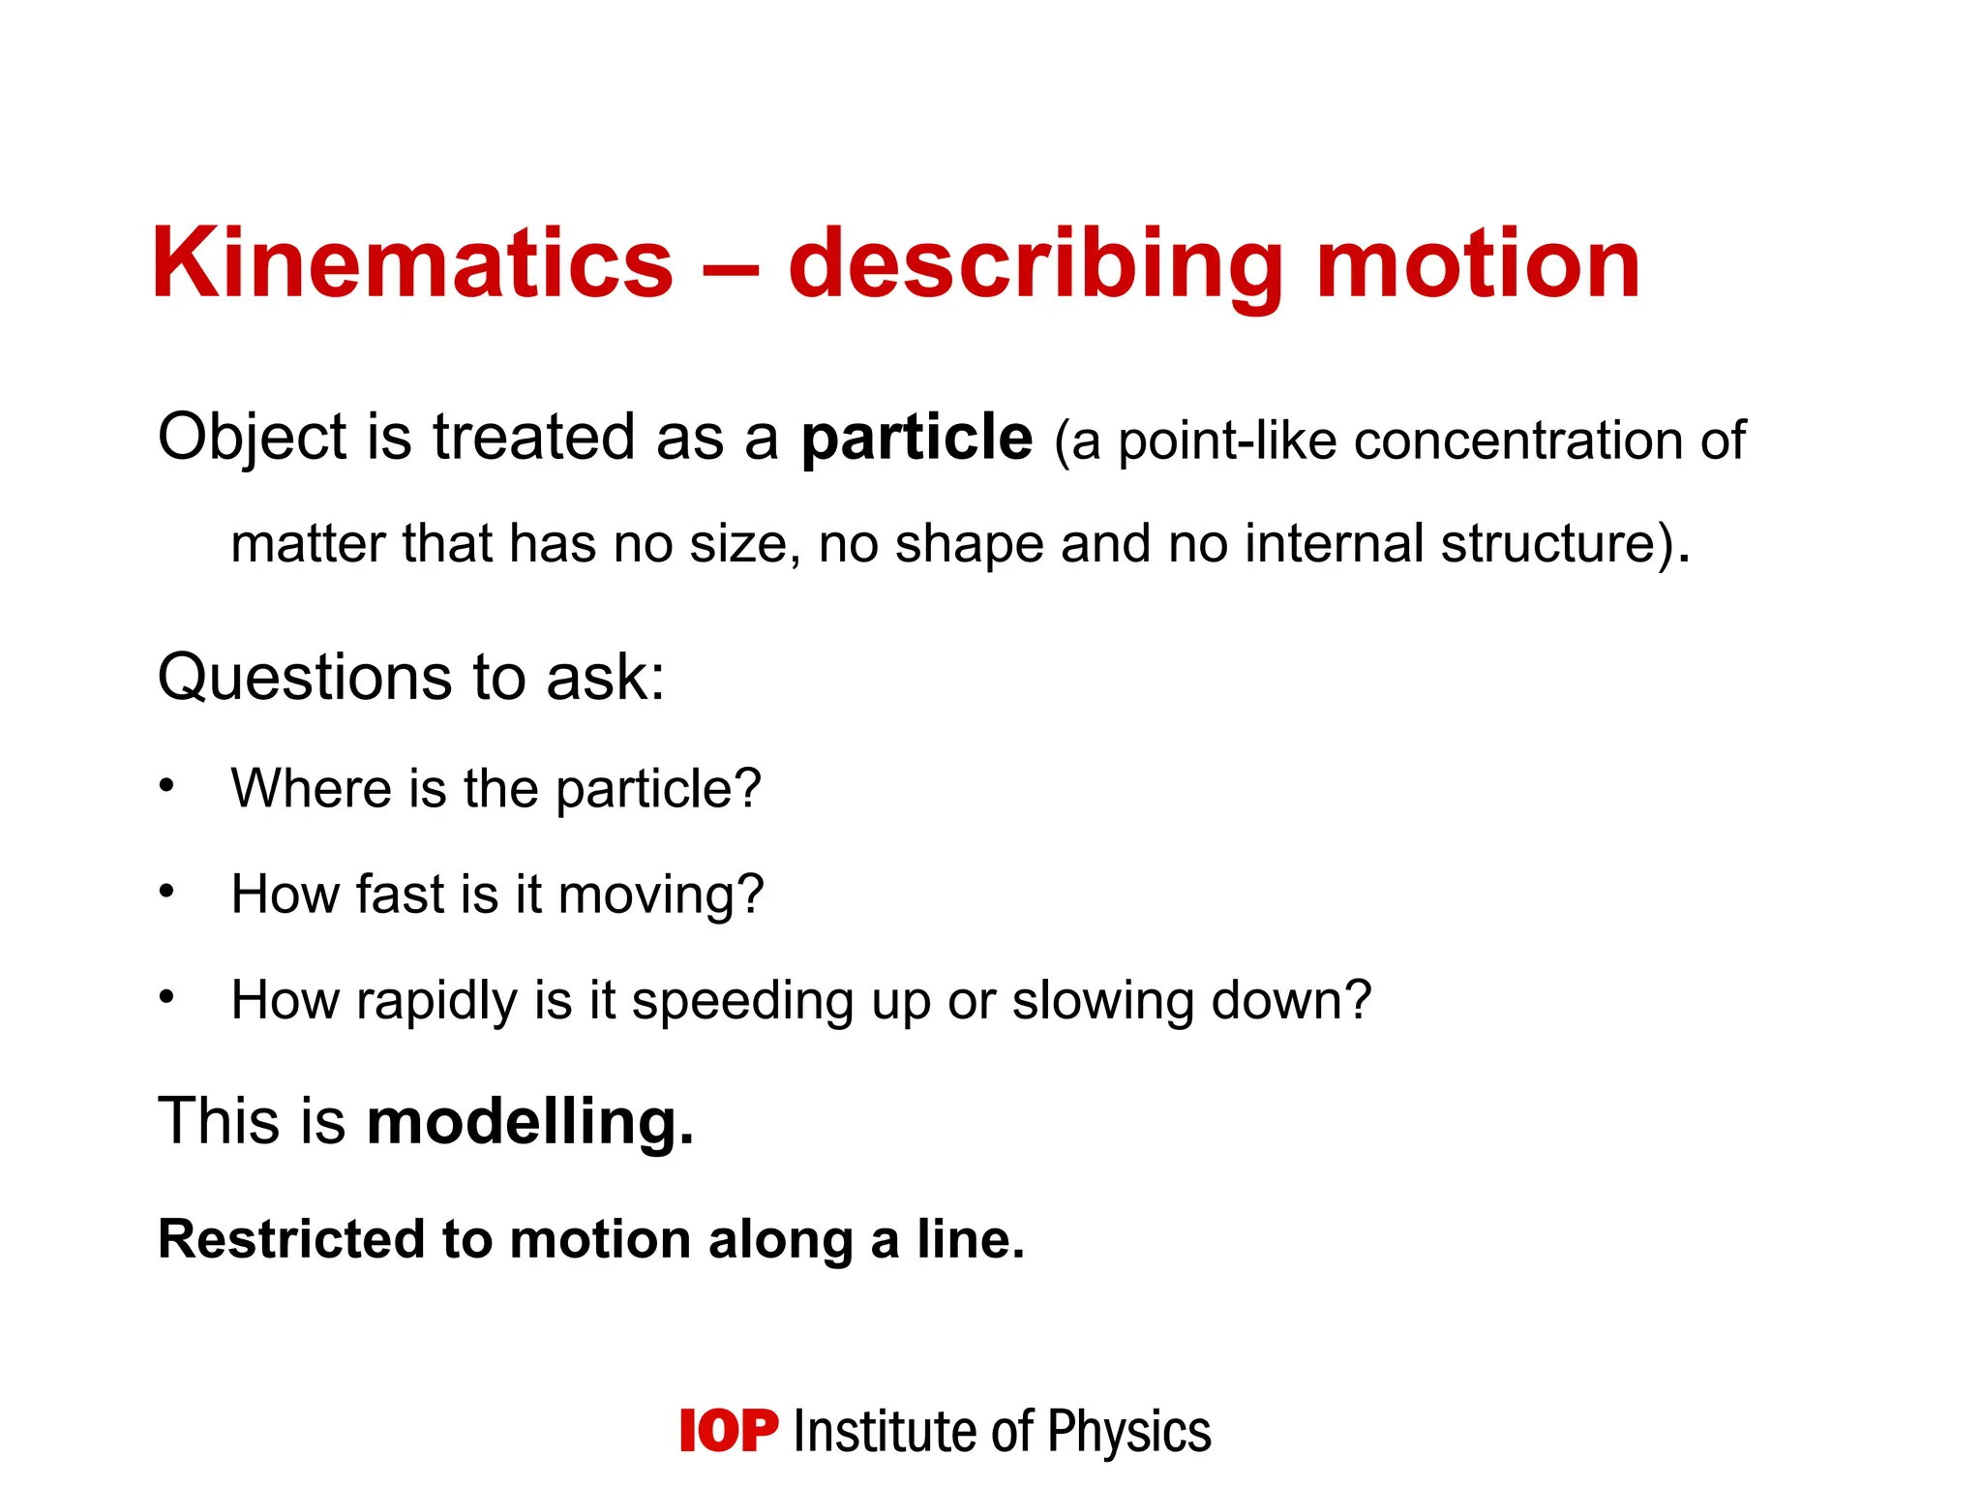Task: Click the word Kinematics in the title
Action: coord(412,263)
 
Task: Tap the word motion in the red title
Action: coord(1478,263)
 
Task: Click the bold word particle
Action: coord(916,439)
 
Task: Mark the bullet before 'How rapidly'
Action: coord(167,995)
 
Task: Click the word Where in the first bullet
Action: coord(311,788)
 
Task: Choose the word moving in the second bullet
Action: coord(661,895)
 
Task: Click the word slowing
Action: coord(1102,1001)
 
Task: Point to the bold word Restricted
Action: coord(291,1239)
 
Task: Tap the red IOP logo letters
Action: coord(729,1431)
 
